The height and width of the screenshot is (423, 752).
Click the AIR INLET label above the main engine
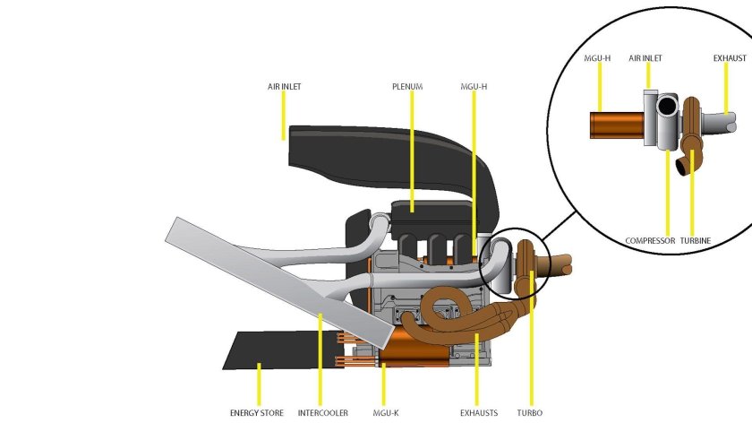click(x=285, y=87)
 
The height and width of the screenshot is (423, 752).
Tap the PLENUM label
click(x=407, y=87)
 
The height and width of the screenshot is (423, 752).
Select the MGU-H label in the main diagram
click(x=474, y=87)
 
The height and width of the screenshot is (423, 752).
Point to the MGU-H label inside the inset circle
click(x=597, y=58)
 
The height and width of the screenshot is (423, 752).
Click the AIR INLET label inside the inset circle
click(x=645, y=58)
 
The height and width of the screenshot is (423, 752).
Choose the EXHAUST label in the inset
click(x=730, y=58)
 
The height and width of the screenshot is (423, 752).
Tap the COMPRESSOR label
click(x=650, y=240)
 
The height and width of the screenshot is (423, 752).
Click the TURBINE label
click(x=696, y=240)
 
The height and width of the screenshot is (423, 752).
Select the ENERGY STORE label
click(x=257, y=413)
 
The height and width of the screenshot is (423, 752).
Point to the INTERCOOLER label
click(x=323, y=413)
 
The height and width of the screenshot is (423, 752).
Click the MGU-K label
click(x=386, y=413)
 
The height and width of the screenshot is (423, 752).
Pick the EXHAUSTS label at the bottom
click(x=479, y=413)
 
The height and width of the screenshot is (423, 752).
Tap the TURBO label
click(x=529, y=413)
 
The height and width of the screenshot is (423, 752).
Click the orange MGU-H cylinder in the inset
click(x=617, y=125)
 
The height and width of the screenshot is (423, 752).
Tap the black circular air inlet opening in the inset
click(x=666, y=107)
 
